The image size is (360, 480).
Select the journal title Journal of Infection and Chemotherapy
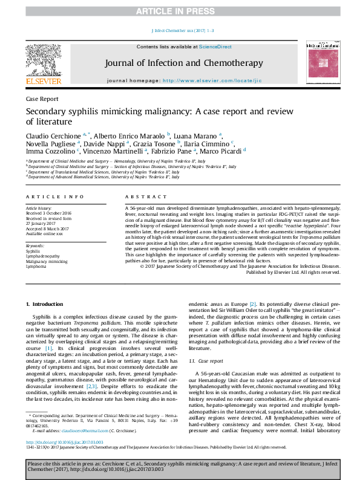[x=184, y=63]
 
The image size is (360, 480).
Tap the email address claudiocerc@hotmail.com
[x=80, y=431]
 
